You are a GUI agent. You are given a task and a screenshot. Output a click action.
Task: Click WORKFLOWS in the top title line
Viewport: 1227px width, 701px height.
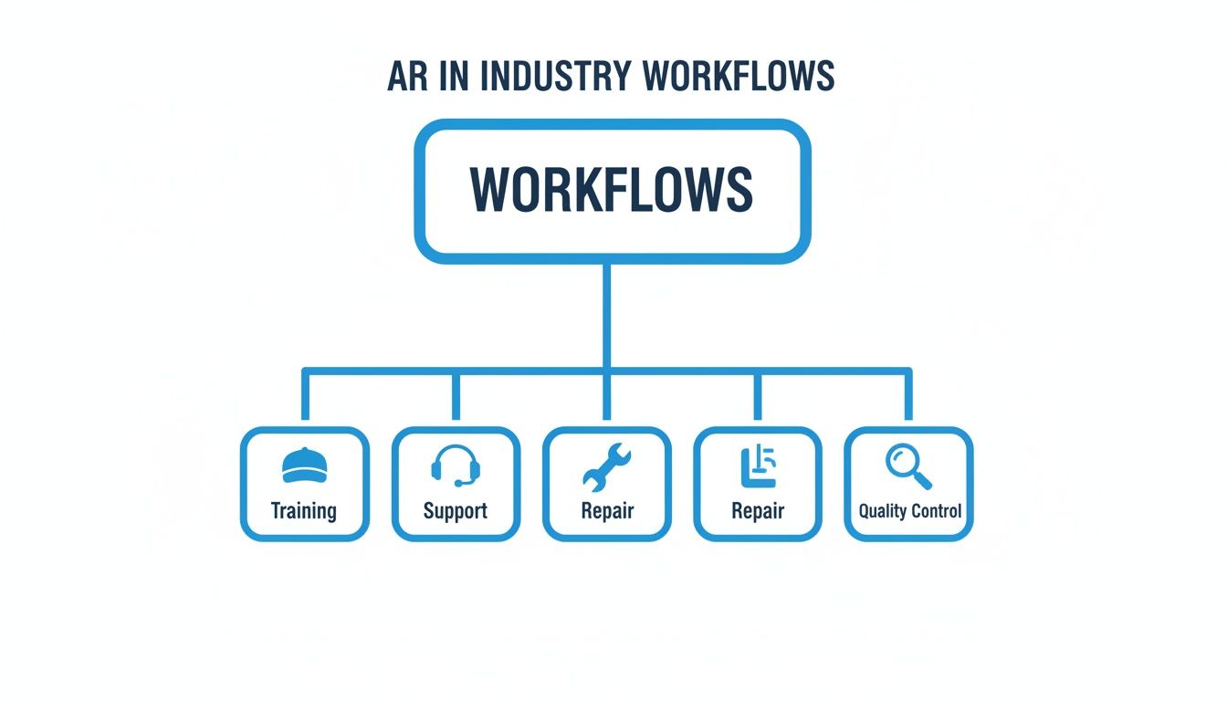740,78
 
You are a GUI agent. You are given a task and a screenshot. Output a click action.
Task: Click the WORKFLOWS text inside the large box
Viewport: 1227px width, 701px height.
612,189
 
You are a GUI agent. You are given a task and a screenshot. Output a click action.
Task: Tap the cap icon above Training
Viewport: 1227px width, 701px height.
304,466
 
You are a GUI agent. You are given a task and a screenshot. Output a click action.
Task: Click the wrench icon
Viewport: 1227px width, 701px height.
606,466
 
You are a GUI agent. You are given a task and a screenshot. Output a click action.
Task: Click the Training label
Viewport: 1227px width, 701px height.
304,510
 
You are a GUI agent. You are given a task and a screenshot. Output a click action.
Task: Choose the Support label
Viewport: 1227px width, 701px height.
455,510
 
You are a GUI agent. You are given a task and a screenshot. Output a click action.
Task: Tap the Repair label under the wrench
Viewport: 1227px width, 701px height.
607,510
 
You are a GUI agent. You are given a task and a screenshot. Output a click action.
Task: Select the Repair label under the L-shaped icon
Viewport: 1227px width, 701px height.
758,510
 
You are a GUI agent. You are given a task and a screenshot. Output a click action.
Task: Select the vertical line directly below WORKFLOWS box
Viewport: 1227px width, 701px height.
607,315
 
